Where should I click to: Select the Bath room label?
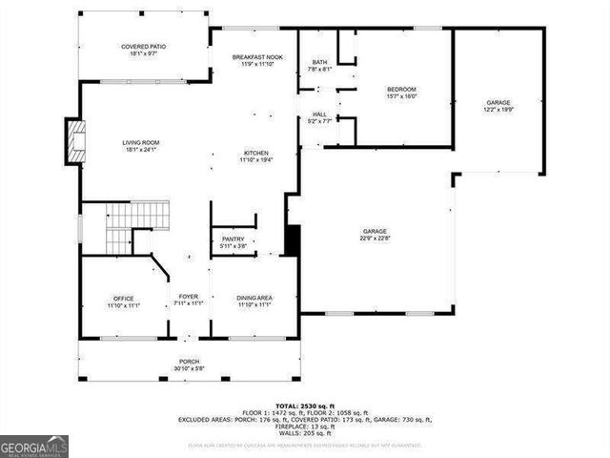pos(319,63)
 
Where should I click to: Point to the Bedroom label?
pos(401,90)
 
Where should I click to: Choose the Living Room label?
pos(139,143)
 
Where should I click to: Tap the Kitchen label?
pos(255,153)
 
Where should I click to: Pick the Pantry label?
pos(233,239)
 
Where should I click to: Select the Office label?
pos(123,298)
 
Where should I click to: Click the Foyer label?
pos(188,297)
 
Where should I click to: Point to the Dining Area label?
pos(254,298)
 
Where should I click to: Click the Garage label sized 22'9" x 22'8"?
pos(374,231)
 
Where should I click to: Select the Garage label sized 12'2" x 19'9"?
pos(498,103)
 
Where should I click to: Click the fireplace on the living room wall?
pos(72,139)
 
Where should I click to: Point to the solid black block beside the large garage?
pos(293,239)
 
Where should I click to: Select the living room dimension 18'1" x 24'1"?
pos(139,150)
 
